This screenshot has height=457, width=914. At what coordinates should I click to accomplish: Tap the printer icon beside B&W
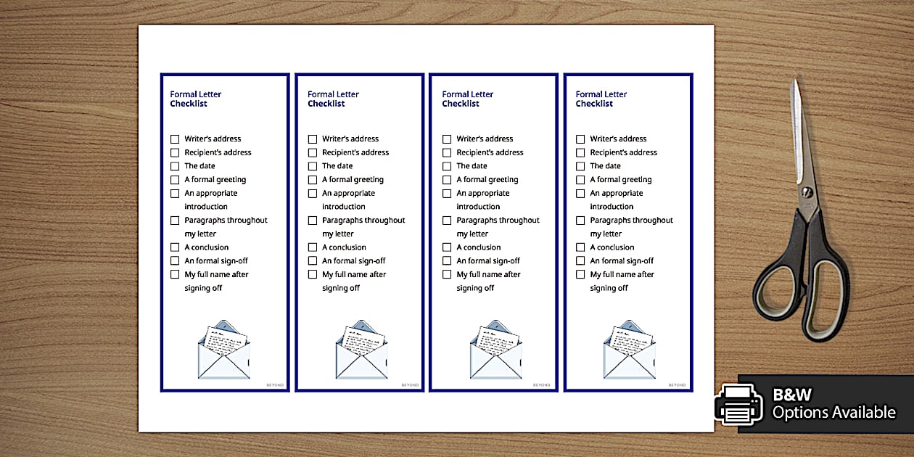pyautogui.click(x=738, y=403)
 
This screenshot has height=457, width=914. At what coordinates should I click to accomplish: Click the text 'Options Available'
pyautogui.click(x=833, y=413)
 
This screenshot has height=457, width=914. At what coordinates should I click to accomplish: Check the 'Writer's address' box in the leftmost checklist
pyautogui.click(x=175, y=139)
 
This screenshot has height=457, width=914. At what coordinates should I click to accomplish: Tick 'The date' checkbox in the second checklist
pyautogui.click(x=313, y=166)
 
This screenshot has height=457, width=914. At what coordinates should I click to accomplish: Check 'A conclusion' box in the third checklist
pyautogui.click(x=447, y=247)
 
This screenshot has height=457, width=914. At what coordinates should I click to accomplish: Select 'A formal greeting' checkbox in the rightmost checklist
pyautogui.click(x=580, y=180)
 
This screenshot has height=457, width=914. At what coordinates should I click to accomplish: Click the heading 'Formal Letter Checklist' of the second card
pyautogui.click(x=333, y=99)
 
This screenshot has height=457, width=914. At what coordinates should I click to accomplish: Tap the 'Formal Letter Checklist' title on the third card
pyautogui.click(x=467, y=99)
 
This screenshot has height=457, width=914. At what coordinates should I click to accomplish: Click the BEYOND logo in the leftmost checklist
pyautogui.click(x=275, y=385)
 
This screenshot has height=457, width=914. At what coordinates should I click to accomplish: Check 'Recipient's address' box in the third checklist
pyautogui.click(x=447, y=152)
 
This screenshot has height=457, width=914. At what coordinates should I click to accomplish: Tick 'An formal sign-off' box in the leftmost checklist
pyautogui.click(x=175, y=260)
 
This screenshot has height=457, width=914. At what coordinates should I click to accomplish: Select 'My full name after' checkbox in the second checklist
pyautogui.click(x=313, y=274)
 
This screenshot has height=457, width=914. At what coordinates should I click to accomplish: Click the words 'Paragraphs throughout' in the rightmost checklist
pyautogui.click(x=631, y=221)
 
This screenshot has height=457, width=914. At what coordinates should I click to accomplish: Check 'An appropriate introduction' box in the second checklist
pyautogui.click(x=313, y=194)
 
